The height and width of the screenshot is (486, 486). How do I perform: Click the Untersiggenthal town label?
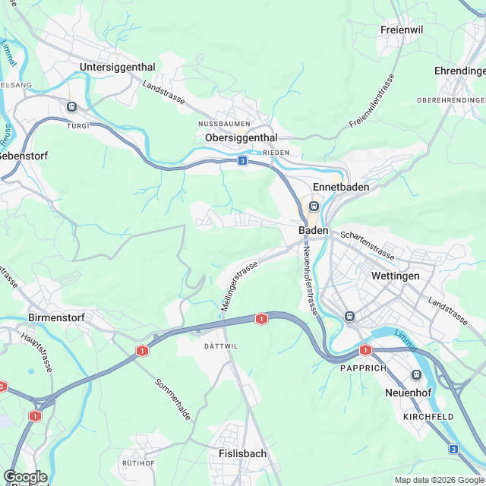pos(118,67)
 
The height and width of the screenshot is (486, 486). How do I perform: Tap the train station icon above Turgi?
pos(73,107)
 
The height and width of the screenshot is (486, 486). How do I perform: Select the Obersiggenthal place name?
pos(241,137)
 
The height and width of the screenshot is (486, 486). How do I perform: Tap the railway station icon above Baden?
pos(314,207)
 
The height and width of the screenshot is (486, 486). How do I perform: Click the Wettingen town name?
pos(395,276)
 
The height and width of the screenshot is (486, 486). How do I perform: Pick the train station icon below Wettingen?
pos(350,316)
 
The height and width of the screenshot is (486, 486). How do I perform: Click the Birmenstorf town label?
pos(55,316)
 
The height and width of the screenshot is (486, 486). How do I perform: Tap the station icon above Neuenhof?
pos(416,374)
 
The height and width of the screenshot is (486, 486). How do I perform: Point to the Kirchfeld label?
pos(429,417)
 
